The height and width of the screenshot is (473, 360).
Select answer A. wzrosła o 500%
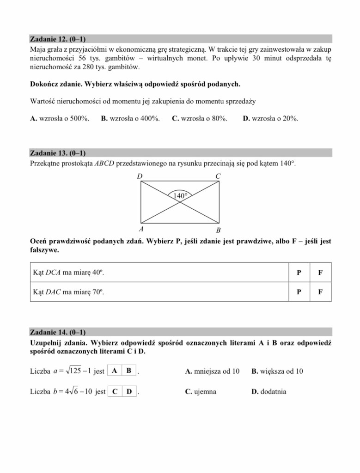tap(60, 119)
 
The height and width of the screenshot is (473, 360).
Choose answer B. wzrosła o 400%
tap(130, 119)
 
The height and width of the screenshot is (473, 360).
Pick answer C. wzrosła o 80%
tap(199, 119)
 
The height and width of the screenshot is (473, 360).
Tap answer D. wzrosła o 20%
tap(270, 119)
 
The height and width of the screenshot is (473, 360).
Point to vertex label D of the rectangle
tap(140, 176)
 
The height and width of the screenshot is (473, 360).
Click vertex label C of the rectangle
tap(218, 176)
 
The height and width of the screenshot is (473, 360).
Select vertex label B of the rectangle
tap(219, 230)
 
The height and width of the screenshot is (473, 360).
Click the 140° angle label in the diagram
tap(180, 196)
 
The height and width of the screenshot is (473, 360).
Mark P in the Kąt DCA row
tap(300, 273)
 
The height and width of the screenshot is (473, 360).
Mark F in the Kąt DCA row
tap(320, 273)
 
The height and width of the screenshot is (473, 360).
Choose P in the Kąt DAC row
tap(300, 292)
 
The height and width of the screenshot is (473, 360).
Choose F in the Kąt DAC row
tap(320, 292)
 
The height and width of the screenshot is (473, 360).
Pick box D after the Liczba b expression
tap(129, 392)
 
